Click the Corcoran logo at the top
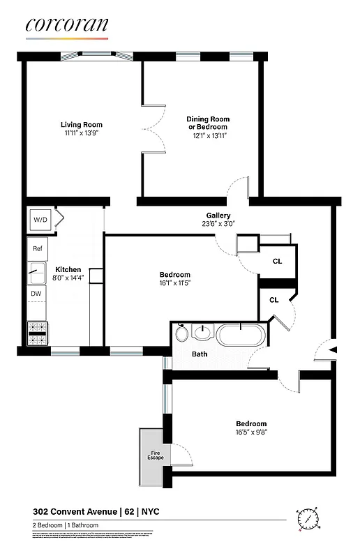[x=67, y=25]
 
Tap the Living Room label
[x=82, y=125]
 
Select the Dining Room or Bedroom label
[x=207, y=123]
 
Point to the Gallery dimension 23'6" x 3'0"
[x=218, y=224]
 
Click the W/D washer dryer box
[x=39, y=220]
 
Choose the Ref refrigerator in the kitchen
[x=38, y=248]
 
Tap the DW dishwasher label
[x=36, y=294]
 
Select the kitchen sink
[x=37, y=271]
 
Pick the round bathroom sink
[x=203, y=333]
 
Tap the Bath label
[x=200, y=354]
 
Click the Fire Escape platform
[x=154, y=457]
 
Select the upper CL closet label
[x=277, y=262]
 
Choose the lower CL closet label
[x=274, y=301]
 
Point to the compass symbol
[x=308, y=518]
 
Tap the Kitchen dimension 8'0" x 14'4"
[x=68, y=278]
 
